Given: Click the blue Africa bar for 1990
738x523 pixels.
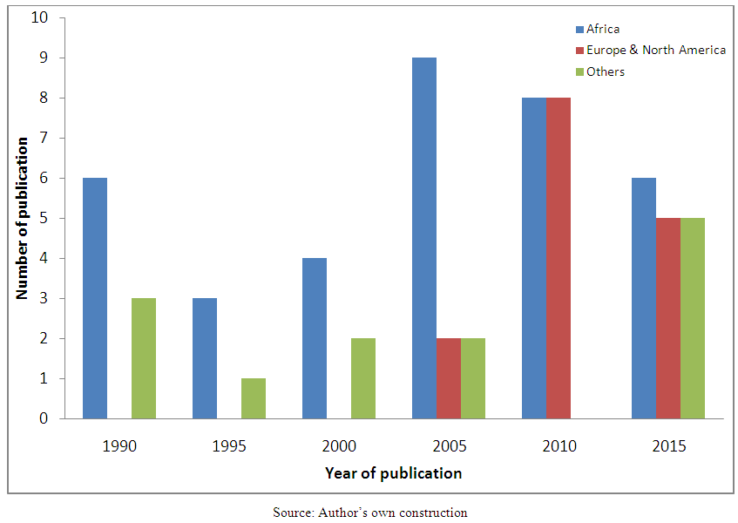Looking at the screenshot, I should tap(95, 298).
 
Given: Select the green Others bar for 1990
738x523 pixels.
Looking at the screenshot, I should tap(144, 358).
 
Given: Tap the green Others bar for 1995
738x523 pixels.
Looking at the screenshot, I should tap(254, 398).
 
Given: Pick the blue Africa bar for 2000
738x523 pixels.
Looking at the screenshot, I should tap(315, 338).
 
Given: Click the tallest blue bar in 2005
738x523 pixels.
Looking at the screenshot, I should tap(424, 238).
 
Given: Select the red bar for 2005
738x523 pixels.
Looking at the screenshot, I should tap(449, 378).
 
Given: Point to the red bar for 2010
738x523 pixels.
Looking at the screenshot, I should tap(559, 258).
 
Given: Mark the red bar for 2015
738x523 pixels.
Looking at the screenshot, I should tap(668, 318).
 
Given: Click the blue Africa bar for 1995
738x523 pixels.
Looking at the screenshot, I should tap(205, 358).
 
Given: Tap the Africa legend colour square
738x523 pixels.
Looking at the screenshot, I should tap(579, 30).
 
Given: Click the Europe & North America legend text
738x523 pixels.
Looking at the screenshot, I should tap(656, 51).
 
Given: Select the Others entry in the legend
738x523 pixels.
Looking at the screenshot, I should tap(605, 71).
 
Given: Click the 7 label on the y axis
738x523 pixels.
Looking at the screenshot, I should tap(44, 139).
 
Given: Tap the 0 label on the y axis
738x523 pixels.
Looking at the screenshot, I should tap(44, 419).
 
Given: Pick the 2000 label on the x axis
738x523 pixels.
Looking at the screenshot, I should tap(339, 446).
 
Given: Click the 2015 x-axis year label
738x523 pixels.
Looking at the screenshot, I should tap(668, 446).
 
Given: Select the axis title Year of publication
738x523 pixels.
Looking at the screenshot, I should tap(393, 473).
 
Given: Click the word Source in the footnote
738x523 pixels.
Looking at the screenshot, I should tap(291, 513).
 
